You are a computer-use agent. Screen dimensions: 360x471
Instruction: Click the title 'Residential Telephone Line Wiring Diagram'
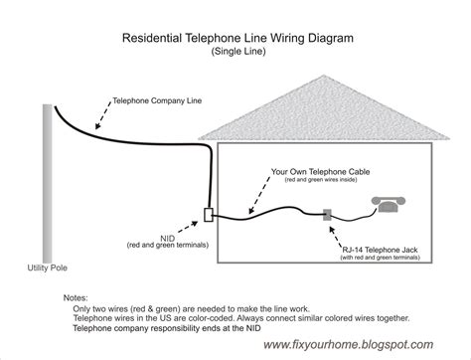(235, 41)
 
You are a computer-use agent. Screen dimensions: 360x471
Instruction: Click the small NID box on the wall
(207, 214)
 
